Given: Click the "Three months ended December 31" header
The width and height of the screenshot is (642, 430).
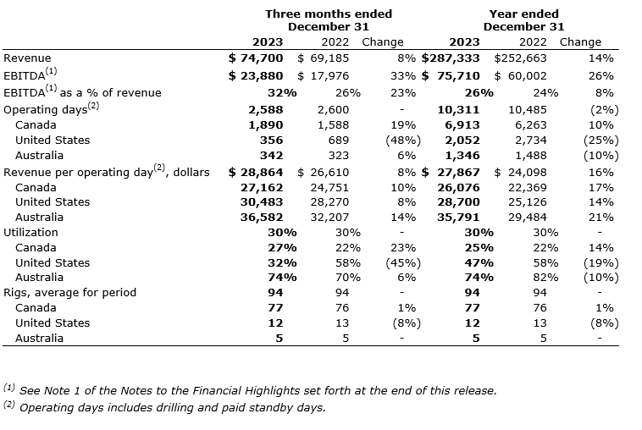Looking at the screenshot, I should pos(329,20).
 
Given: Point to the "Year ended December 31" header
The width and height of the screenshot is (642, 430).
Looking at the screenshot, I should pos(523,20).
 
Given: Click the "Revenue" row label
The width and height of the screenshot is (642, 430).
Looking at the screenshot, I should pos(27,58).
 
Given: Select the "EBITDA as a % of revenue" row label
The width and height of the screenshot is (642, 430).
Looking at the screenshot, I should pos(82,91).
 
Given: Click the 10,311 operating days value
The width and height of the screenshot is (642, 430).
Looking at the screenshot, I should pos(458,109).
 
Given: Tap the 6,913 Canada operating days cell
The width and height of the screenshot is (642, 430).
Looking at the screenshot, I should pos(462,124).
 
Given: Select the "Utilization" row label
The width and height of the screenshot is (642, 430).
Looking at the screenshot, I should pos(31,232).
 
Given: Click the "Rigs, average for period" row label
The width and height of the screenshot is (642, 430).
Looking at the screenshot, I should pos(70,293).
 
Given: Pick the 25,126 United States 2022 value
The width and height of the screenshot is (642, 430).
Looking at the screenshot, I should pos(527,201).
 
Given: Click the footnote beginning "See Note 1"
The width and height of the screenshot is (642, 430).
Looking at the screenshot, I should pos(250,390).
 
